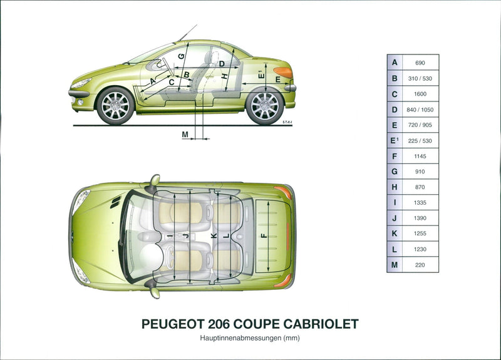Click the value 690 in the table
[x=420, y=63]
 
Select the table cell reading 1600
[x=420, y=95]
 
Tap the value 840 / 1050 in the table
[x=420, y=110]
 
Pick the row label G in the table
[x=395, y=172]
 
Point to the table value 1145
[x=420, y=157]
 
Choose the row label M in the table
[x=395, y=265]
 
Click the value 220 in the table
[x=420, y=265]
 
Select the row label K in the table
[x=395, y=234]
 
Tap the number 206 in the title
[x=219, y=324]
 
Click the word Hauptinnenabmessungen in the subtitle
[x=240, y=338]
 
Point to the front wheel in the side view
[x=115, y=105]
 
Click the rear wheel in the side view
[x=264, y=105]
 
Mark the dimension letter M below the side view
[x=185, y=135]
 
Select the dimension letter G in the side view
[x=181, y=56]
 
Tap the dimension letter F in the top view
[x=264, y=236]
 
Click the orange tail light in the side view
[x=283, y=72]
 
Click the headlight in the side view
[x=81, y=83]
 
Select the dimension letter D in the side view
[x=222, y=64]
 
